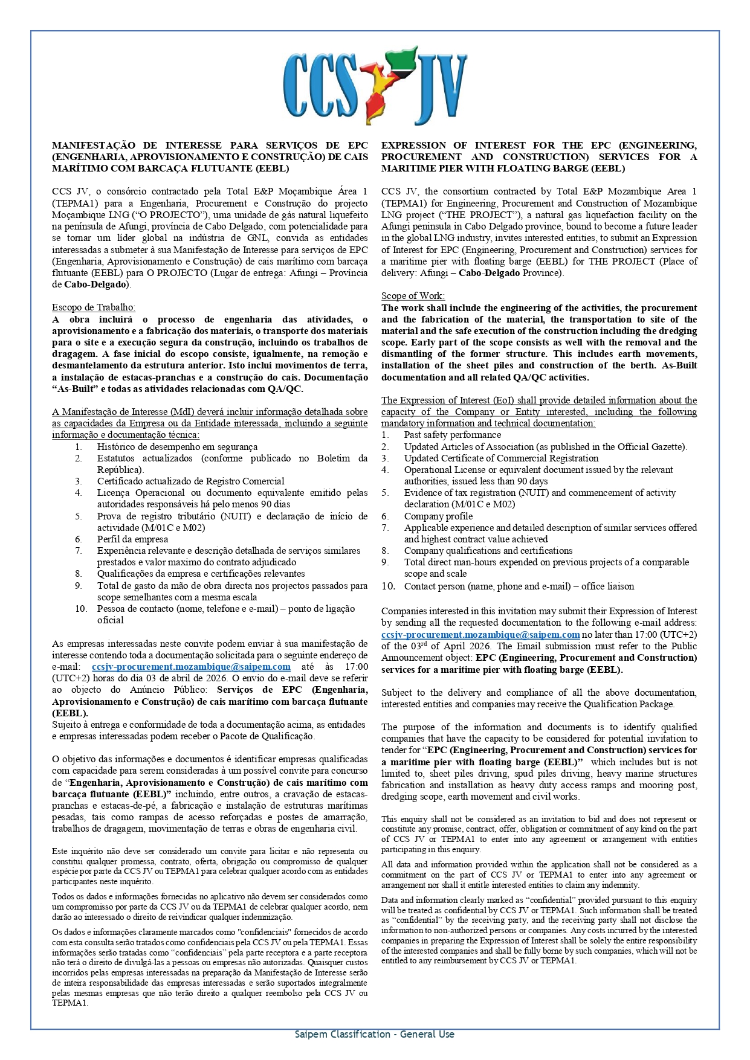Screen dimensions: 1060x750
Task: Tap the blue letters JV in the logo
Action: point(439,91)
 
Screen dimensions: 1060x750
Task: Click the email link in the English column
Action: point(480,635)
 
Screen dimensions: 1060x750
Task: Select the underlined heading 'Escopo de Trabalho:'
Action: point(94,307)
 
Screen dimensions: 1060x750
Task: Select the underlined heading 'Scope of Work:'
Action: point(413,296)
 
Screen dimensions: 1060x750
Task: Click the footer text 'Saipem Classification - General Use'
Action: point(375,1034)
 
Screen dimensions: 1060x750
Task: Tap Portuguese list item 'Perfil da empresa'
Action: point(132,539)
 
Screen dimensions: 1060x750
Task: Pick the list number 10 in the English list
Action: point(388,586)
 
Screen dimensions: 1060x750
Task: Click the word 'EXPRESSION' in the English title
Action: point(413,146)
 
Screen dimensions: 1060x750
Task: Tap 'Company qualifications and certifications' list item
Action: point(488,551)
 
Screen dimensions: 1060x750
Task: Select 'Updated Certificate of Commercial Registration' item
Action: point(501,458)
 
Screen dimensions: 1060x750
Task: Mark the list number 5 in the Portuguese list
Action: point(79,516)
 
